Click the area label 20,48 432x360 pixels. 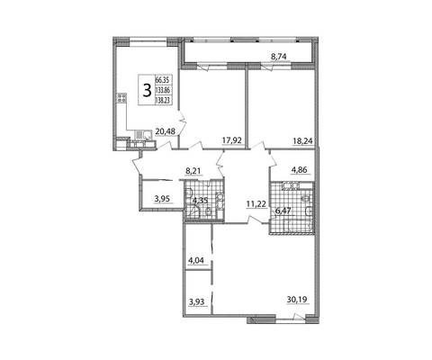point(166,130)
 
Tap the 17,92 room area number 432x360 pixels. point(232,140)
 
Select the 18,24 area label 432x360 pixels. point(302,140)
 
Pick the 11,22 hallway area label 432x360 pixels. point(256,204)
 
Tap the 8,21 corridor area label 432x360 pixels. point(193,171)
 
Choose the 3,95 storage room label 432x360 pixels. point(162,198)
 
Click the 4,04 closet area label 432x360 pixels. point(196,260)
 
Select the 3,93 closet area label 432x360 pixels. point(196,301)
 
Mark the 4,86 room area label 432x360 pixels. point(301,170)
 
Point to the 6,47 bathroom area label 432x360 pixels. point(283,211)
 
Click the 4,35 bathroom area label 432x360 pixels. point(201,200)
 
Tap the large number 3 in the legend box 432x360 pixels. point(147,90)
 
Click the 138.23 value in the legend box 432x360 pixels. point(163,101)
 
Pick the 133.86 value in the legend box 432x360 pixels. point(163,90)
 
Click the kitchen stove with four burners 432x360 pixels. point(121,98)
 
